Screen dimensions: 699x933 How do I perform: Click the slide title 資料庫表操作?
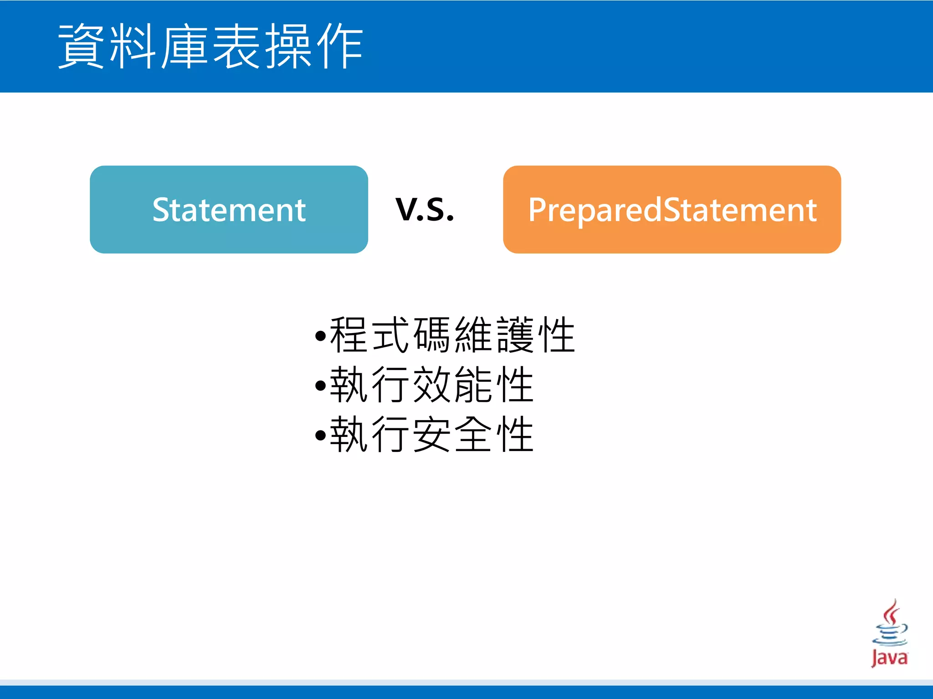(210, 46)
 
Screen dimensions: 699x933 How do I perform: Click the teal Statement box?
(229, 209)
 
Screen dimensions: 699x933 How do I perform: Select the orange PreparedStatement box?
(672, 209)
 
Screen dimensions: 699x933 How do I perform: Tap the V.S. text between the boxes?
(425, 210)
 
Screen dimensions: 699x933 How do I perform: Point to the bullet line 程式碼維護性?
(452, 335)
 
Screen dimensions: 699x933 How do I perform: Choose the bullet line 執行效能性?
(431, 385)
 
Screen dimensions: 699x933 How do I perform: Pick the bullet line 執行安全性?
(431, 435)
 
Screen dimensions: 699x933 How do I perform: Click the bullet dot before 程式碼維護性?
(321, 337)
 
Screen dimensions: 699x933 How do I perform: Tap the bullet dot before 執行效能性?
(321, 386)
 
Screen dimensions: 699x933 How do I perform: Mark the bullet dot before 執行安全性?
(321, 436)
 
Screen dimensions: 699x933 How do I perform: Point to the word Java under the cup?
(889, 658)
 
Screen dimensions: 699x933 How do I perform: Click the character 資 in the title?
(81, 46)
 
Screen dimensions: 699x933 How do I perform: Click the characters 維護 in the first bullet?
(494, 335)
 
